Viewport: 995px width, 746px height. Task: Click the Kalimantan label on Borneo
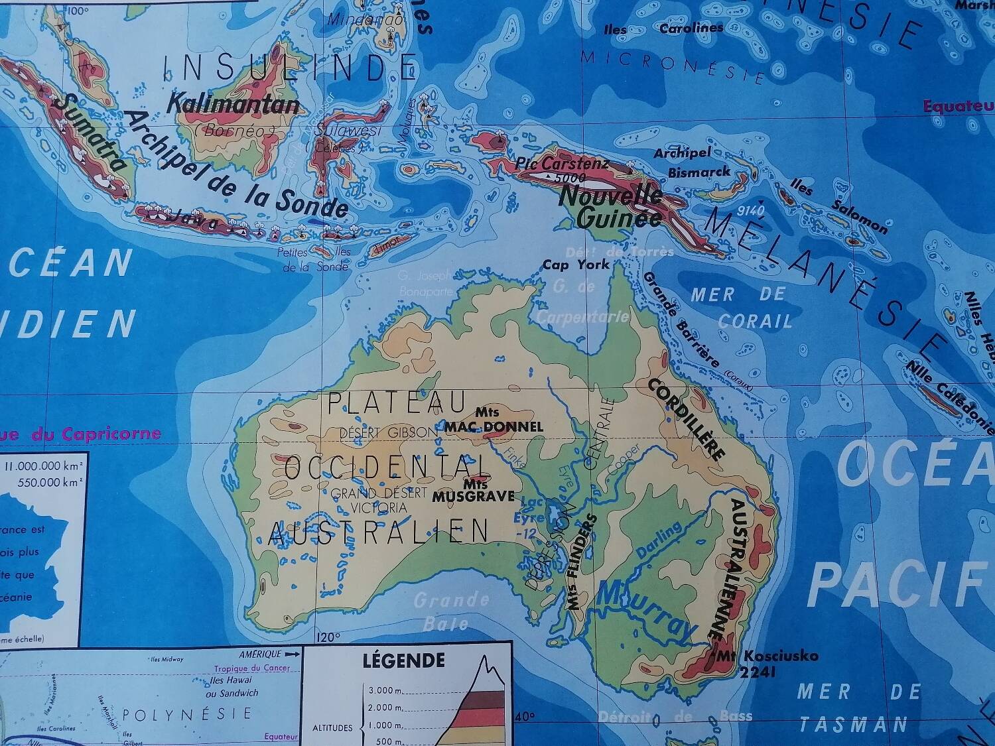(x=233, y=105)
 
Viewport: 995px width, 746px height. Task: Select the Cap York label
(x=576, y=265)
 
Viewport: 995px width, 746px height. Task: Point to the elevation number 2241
(x=756, y=671)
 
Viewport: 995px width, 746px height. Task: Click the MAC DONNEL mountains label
(x=494, y=426)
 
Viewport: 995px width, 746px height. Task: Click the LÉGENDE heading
(x=403, y=660)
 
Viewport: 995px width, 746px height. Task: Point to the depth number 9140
(x=750, y=211)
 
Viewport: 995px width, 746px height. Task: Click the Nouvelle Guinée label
(x=611, y=206)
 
